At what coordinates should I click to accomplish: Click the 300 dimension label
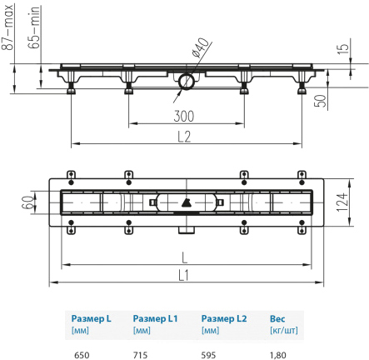tap(184, 116)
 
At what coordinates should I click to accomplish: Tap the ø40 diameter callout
tap(200, 47)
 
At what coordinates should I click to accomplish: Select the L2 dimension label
tap(184, 137)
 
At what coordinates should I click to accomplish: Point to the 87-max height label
tap(7, 27)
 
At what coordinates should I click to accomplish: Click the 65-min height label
tap(34, 27)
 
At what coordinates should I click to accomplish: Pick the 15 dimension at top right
tap(344, 48)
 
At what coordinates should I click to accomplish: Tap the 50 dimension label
tap(320, 101)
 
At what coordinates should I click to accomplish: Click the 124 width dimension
tap(342, 202)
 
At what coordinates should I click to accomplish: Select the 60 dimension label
tap(27, 202)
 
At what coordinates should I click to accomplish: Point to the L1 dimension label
tap(183, 275)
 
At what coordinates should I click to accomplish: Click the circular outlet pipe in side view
tap(186, 81)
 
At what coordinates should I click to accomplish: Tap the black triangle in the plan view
tap(186, 203)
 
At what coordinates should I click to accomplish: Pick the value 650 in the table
tap(82, 355)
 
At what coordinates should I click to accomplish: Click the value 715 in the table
tap(140, 355)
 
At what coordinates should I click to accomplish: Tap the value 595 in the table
tap(208, 355)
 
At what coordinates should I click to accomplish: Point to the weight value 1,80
tap(277, 355)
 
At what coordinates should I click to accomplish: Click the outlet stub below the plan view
tap(187, 230)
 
